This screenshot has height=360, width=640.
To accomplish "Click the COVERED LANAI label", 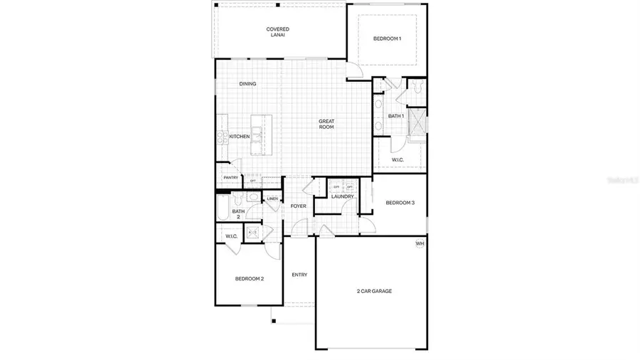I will pos(277,32).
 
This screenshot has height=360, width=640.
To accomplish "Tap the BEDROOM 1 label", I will pos(387,38).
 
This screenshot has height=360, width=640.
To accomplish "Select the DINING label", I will pos(247,84).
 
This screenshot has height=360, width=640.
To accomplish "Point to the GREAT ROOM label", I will pos(326,124).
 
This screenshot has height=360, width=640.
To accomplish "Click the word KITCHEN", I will pos(239,137).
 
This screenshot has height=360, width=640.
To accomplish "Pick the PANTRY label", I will pos(230,178).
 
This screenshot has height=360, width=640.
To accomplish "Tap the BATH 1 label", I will pos(396,116).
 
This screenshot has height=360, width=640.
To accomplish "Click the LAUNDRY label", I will pos(342,196).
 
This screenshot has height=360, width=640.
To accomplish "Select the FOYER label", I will pos(298,206).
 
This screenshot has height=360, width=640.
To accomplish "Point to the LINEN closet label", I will pos(272,198).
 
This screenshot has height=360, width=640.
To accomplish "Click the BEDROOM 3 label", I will pos(400,203).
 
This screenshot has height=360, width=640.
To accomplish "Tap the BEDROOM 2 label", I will pos(250,279).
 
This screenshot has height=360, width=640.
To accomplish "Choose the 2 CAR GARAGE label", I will pos(374,291).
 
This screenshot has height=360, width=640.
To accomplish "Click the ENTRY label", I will pos(299,275).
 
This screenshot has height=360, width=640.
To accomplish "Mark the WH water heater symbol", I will pos(420,244).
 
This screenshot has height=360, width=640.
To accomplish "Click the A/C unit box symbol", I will pos(252,232).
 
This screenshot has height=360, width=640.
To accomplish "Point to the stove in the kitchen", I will pos(220,137).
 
